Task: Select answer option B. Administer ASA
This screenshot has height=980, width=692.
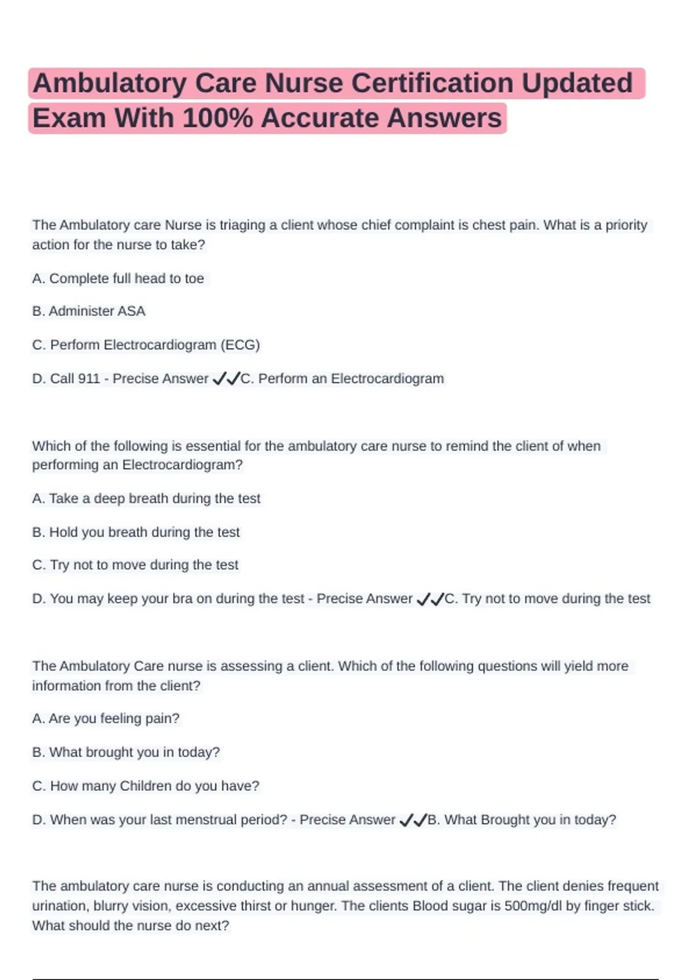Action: point(89,311)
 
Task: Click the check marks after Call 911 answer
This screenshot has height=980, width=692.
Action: point(225,379)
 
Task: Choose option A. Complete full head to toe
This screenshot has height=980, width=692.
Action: point(118,278)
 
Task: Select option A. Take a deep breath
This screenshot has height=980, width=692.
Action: point(146,499)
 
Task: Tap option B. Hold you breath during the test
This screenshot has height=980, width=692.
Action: point(136,532)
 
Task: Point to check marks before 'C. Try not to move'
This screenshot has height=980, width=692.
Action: point(430,600)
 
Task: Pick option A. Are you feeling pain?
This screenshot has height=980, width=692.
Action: point(106,719)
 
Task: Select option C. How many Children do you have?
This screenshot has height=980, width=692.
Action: point(146,786)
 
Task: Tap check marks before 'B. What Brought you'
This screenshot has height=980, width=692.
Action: point(413,820)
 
